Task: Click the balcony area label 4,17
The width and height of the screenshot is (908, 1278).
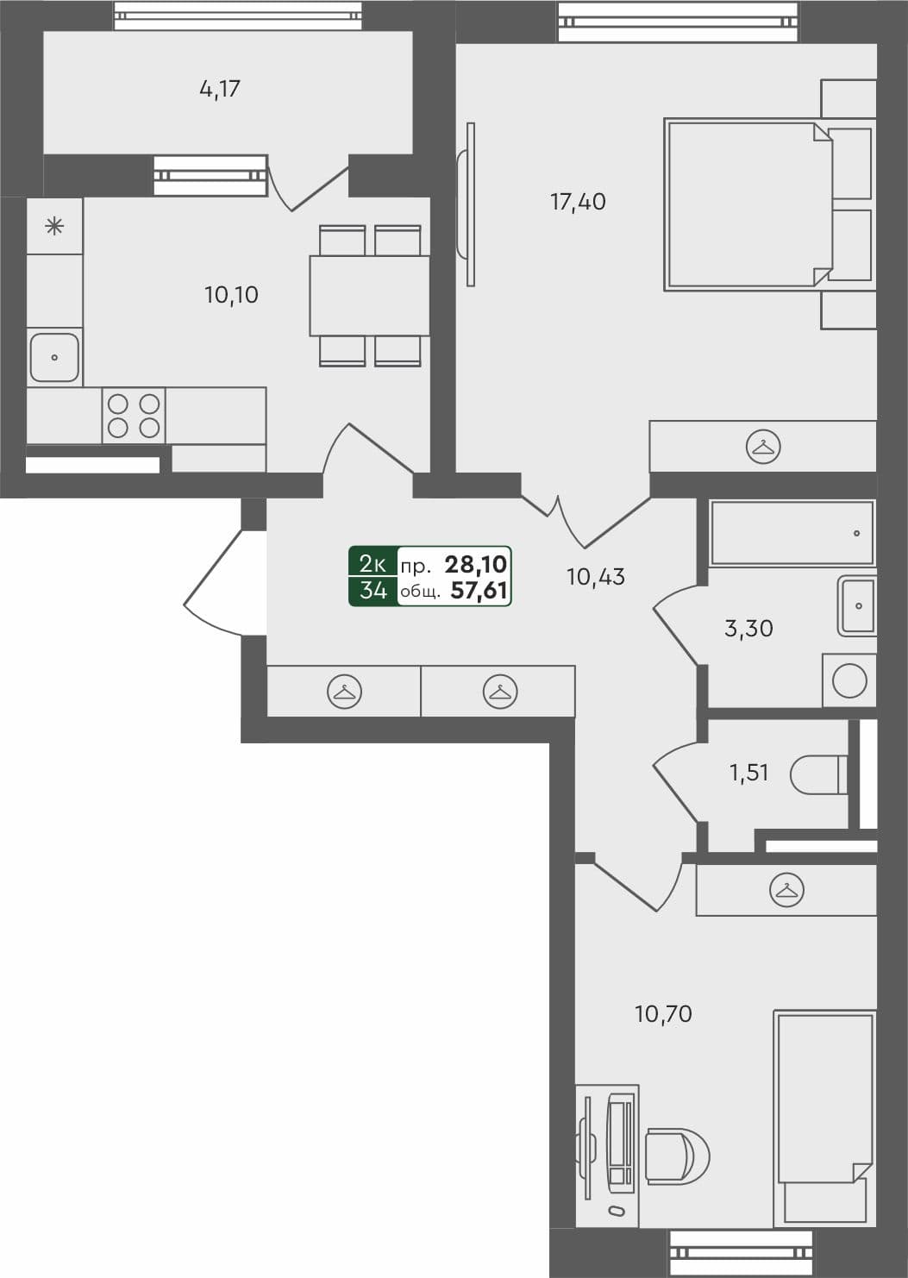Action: click(220, 89)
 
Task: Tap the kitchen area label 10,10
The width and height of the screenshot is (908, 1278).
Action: click(231, 295)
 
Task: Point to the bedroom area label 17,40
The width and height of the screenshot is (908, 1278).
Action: click(578, 202)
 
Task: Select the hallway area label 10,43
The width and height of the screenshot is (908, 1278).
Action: click(595, 577)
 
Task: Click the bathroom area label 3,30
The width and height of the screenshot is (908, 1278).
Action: click(748, 629)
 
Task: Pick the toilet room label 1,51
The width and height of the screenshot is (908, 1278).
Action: click(748, 773)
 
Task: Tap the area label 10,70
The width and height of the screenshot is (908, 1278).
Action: click(663, 1014)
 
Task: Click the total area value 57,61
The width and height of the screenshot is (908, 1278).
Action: click(479, 591)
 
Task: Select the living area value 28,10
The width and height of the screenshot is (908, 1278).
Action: click(476, 565)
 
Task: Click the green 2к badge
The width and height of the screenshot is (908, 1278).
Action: click(373, 564)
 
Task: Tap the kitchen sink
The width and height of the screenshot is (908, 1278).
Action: click(54, 357)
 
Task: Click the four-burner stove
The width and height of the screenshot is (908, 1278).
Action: click(134, 416)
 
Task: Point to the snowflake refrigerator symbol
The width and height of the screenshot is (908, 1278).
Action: click(54, 227)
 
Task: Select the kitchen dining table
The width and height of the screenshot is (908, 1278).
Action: click(369, 296)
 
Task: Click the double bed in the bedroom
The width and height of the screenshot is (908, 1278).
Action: click(746, 204)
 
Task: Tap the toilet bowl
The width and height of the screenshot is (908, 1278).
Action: click(818, 774)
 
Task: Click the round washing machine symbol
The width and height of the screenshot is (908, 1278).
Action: click(849, 681)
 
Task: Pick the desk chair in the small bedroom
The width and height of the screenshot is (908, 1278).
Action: click(675, 1156)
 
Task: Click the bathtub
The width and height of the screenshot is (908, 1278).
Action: click(792, 533)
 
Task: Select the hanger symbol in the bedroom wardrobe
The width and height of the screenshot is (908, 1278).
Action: click(762, 447)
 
